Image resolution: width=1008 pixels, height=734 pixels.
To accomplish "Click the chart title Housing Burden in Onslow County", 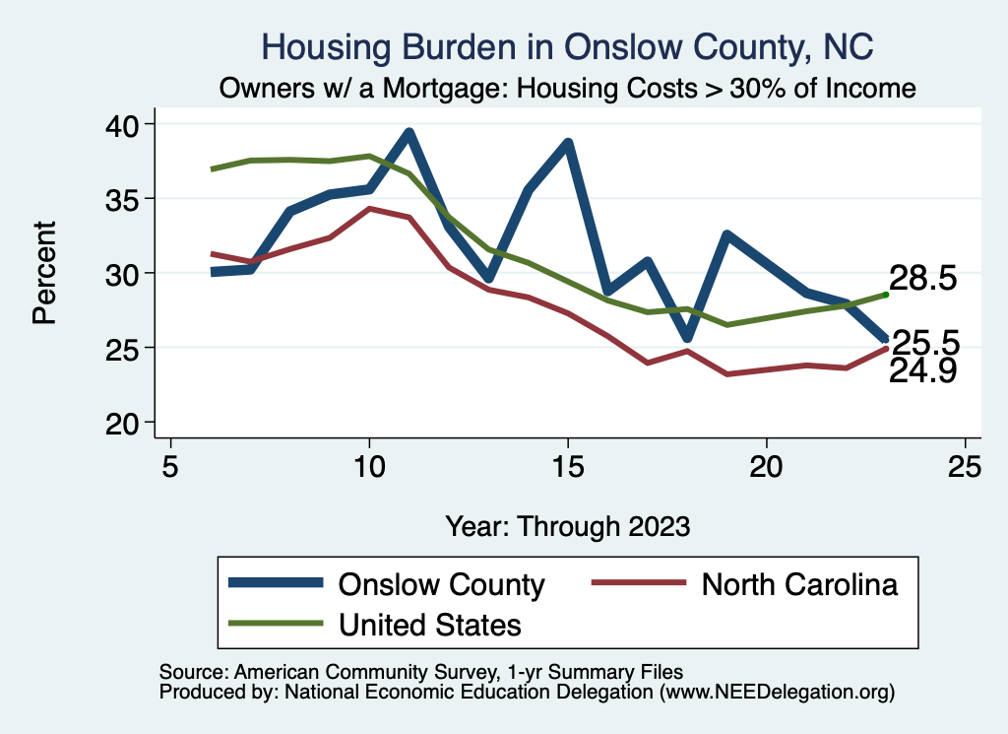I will point(567,47).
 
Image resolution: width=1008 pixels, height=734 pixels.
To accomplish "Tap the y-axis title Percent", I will point(43,273).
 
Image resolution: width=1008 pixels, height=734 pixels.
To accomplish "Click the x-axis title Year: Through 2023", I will point(567,525).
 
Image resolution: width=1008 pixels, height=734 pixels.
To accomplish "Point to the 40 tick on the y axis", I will point(128,124).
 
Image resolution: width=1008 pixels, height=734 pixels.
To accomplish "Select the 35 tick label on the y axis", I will point(128,199).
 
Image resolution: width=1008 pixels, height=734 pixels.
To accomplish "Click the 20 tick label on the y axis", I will point(128,423).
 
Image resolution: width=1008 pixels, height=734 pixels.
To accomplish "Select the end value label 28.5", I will point(922,279).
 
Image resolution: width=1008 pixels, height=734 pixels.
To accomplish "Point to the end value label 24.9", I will point(922,371).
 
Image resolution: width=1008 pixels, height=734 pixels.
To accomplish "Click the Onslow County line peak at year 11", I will point(409,133).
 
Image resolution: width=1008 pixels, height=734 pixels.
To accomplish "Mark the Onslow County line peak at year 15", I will point(568,144).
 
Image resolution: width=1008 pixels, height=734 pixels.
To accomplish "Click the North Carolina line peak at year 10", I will point(369,209).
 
